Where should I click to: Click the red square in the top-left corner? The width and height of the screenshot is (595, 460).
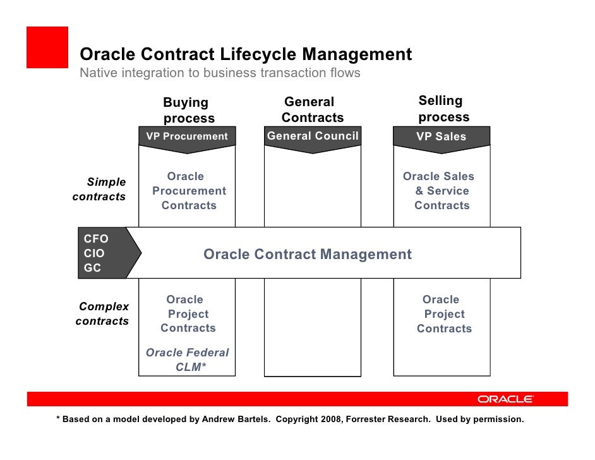(x=47, y=47)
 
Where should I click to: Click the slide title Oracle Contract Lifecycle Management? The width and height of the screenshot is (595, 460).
(x=246, y=55)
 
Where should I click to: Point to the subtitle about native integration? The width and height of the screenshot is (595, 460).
(x=220, y=73)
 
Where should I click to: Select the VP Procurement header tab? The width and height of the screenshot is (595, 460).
(x=187, y=136)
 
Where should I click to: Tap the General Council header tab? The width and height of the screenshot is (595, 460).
(x=313, y=136)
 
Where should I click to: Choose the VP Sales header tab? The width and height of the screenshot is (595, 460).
(x=441, y=136)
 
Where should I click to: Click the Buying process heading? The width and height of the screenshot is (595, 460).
(x=188, y=110)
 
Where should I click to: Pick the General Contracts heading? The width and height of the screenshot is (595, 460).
(x=312, y=110)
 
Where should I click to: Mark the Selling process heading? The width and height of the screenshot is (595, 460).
(x=443, y=109)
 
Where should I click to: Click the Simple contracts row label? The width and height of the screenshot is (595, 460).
(x=100, y=190)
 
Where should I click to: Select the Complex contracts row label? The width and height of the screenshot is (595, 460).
(x=102, y=314)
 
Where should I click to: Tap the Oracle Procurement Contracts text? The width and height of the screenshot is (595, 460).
(x=188, y=191)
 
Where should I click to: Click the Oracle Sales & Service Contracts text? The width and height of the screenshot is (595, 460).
(x=440, y=191)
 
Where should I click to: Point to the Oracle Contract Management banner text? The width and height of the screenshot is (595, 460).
(x=308, y=255)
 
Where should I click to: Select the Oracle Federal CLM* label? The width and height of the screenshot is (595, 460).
(x=188, y=360)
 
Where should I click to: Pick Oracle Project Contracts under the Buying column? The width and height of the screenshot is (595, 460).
(x=187, y=314)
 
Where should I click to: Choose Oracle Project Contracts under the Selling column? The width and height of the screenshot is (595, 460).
(x=443, y=314)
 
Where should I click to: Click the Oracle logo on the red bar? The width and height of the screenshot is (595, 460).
(x=505, y=399)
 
